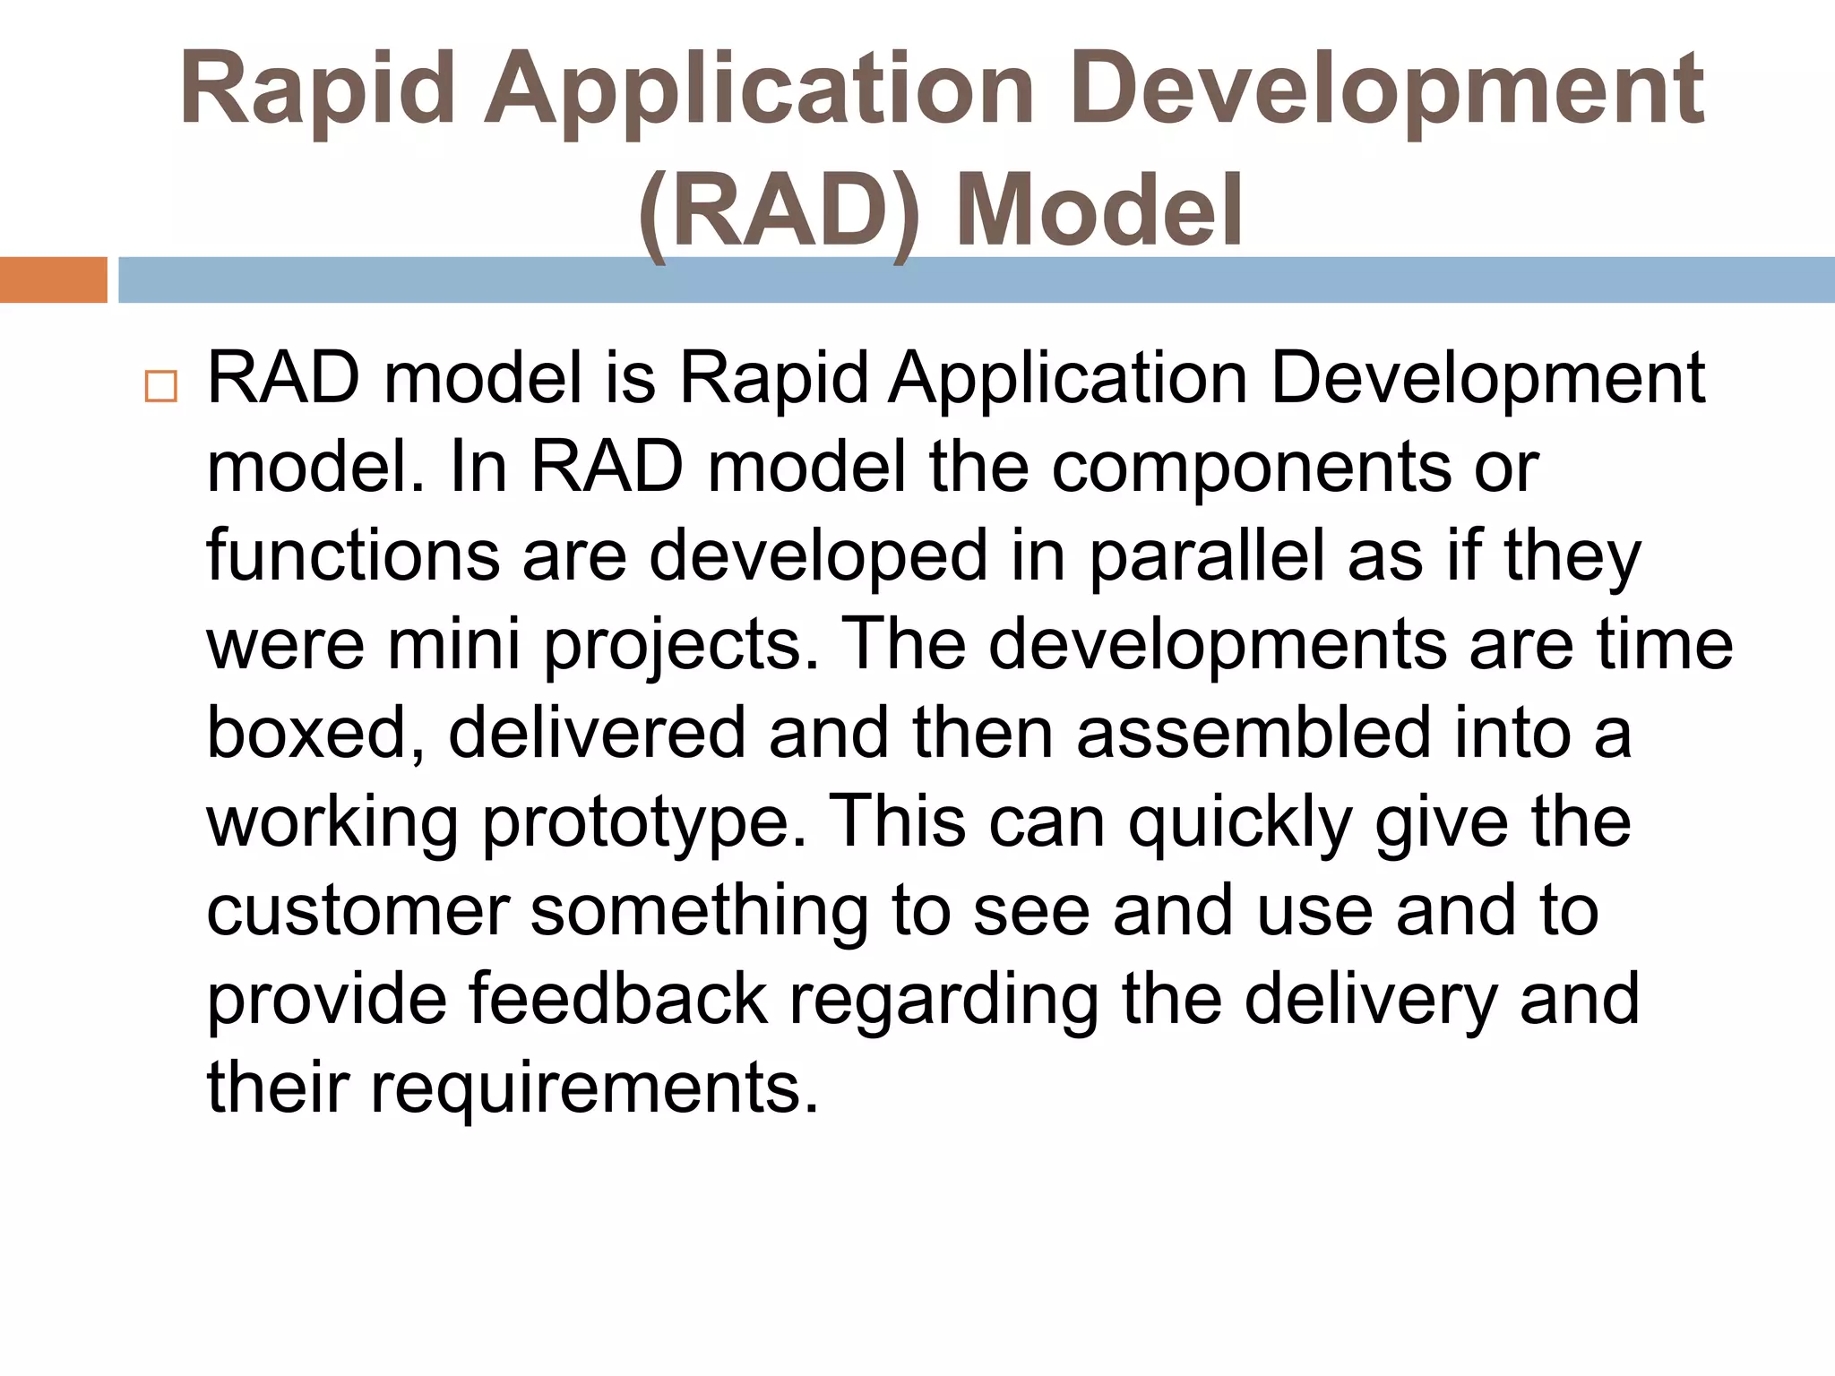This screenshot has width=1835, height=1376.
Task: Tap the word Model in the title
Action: coord(1099,211)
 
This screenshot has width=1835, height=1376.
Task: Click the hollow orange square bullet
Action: coord(161,386)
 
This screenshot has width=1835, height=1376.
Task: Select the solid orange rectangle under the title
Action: coord(54,279)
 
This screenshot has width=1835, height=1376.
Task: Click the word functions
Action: coord(353,555)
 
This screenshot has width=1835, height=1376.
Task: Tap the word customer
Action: coord(358,911)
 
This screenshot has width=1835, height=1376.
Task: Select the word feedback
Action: coord(618,998)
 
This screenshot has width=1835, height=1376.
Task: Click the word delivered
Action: coord(597,732)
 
